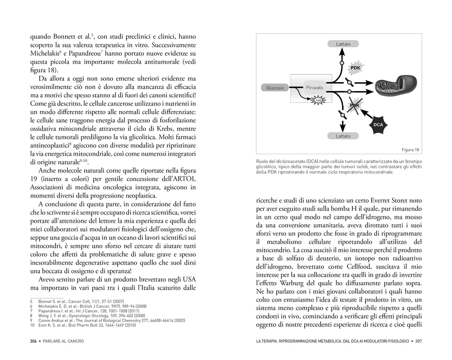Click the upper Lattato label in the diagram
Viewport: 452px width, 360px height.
343,44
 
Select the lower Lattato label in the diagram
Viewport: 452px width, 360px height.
343,136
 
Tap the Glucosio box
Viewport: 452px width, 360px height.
275,87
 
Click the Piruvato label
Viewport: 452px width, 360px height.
314,87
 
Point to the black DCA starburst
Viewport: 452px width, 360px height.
378,124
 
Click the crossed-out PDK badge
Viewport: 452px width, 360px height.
355,105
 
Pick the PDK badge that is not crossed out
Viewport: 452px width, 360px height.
355,68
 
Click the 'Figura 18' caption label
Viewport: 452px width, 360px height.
410,149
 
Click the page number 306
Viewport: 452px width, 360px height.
33,341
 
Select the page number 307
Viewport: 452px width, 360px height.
419,341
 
